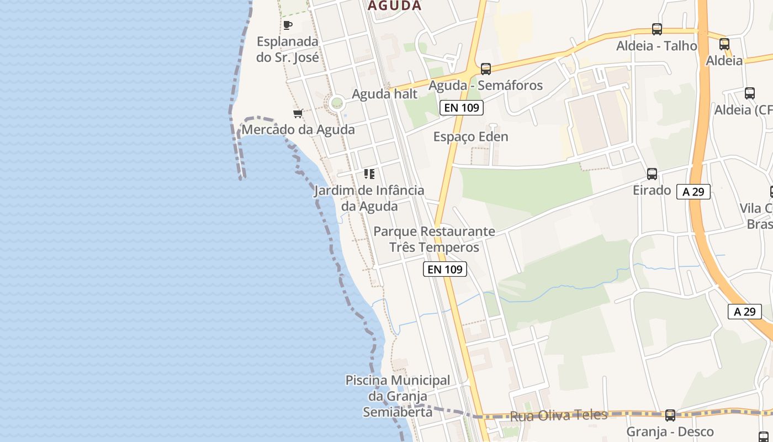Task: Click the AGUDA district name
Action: point(394,6)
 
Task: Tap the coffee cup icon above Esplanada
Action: point(288,25)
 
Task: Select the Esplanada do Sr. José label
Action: point(288,49)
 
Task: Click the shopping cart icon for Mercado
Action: point(298,114)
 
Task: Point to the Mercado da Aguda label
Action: point(298,130)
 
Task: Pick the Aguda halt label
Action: point(385,94)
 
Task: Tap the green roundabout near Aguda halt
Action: point(336,103)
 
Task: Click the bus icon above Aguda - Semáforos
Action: point(486,69)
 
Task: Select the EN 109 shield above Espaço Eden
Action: point(462,108)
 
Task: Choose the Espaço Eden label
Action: point(471,136)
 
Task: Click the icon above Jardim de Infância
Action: point(369,174)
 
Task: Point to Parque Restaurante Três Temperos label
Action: point(435,239)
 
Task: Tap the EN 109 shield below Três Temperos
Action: point(445,270)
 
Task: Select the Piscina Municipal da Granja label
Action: point(398,396)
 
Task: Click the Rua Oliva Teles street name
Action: point(559,415)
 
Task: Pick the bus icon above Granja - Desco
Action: point(670,415)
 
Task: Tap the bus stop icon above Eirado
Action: point(652,174)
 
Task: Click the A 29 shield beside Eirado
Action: point(693,192)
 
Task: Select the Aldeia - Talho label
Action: point(657,46)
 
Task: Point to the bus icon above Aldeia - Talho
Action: point(657,29)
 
